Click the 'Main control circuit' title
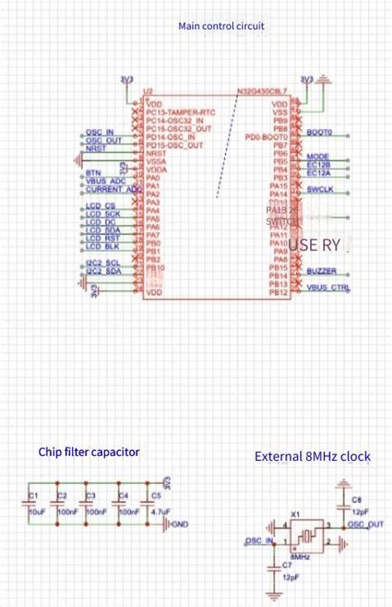coord(222,26)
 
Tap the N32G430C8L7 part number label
coord(262,90)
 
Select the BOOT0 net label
coord(319,132)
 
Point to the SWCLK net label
coord(320,190)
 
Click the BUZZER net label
coord(321,272)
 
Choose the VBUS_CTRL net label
coord(327,287)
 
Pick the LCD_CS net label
coord(100,205)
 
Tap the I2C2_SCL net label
coord(103,263)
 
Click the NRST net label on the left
coord(95,149)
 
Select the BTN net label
coord(93,173)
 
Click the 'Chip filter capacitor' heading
coord(88,452)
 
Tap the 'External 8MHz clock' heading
coord(312,456)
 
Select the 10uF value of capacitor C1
coord(36,512)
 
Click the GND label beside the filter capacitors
coord(181,524)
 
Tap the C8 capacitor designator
coord(356,500)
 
